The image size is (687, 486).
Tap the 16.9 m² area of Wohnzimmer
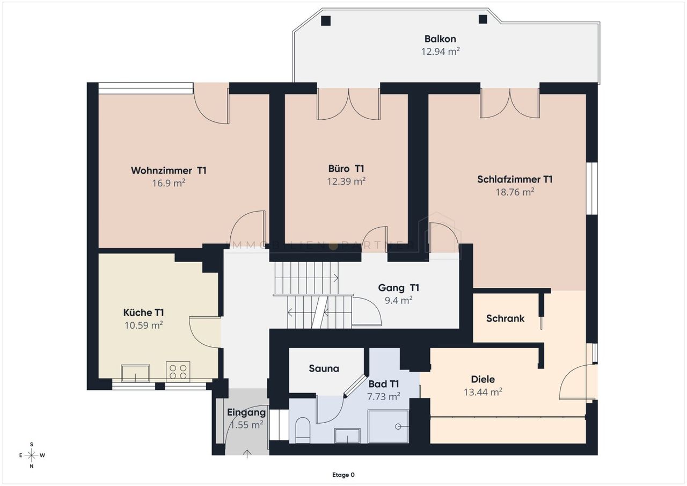pos(169,183)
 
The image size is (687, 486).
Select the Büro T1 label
pos(346,169)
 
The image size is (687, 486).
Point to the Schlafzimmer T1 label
pos(515,179)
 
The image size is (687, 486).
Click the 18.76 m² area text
pos(515,192)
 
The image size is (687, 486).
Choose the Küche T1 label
pos(143,313)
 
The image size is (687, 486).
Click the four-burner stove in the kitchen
pos(178,371)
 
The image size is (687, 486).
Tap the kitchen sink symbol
pos(136,373)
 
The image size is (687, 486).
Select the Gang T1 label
pos(398,287)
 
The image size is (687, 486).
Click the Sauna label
pos(324,368)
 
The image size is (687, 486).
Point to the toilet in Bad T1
pos(303,430)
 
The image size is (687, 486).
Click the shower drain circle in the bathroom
pos(398,426)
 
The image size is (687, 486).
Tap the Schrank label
pos(505,318)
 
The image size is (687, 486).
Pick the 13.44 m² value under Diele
pos(483,392)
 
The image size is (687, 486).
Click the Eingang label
pos(246,412)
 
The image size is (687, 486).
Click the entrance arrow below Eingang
pos(247,453)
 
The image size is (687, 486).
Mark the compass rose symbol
pos(32,455)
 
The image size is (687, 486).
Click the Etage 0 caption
pos(343,475)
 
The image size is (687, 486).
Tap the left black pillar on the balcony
pos(326,20)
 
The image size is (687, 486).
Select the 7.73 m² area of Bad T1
pos(383,397)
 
